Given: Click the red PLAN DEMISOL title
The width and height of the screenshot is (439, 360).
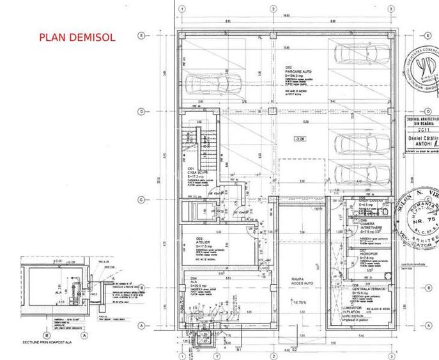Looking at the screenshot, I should (x=77, y=37).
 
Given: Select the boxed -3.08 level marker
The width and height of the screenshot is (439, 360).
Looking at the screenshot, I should (x=298, y=138).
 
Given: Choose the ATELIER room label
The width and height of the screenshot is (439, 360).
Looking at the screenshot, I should (x=199, y=241).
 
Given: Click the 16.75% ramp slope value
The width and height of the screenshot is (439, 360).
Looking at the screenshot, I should (x=298, y=302).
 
